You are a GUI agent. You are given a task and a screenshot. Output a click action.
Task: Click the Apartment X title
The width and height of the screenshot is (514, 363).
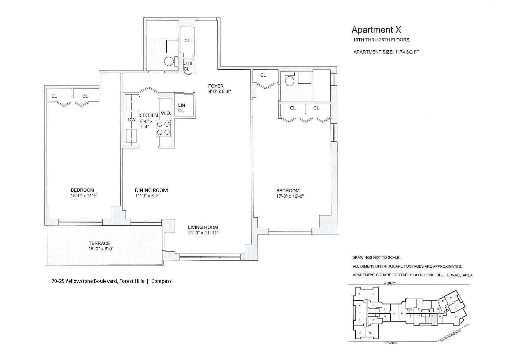pyautogui.click(x=376, y=30)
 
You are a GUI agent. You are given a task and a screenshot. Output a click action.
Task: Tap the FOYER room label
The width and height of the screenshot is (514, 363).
pyautogui.click(x=216, y=86)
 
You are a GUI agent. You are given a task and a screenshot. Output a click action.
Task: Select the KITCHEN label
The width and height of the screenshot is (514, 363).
pyautogui.click(x=148, y=115)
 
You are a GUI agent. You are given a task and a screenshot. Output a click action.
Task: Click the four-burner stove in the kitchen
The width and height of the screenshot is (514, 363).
pyautogui.click(x=163, y=128)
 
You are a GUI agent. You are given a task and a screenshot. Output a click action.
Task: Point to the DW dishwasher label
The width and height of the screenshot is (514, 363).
pyautogui.click(x=131, y=119)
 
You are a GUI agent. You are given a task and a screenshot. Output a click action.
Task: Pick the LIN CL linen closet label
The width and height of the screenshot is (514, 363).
pyautogui.click(x=181, y=108)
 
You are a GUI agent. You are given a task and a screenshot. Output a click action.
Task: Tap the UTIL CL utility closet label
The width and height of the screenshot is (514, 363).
pyautogui.click(x=187, y=66)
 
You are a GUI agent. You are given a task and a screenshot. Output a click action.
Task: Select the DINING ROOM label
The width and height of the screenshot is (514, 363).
pyautogui.click(x=151, y=190)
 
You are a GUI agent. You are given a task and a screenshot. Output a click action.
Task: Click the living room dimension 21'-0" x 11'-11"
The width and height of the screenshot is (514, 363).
pyautogui.click(x=203, y=233)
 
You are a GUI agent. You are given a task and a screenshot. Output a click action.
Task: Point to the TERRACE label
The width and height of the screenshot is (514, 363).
pyautogui.click(x=99, y=243)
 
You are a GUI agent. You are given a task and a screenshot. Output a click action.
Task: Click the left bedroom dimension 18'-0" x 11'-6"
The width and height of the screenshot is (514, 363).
pyautogui.click(x=82, y=196)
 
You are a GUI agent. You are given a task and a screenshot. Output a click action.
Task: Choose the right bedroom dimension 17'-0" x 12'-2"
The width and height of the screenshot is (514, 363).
pyautogui.click(x=288, y=196)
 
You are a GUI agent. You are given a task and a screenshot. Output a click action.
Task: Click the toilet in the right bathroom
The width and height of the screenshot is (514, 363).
pyautogui.click(x=289, y=80)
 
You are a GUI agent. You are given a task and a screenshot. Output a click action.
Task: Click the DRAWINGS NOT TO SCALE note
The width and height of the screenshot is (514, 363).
pyautogui.click(x=376, y=258)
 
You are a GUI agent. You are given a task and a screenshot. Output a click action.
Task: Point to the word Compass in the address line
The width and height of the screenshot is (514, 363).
pyautogui.click(x=161, y=281)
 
